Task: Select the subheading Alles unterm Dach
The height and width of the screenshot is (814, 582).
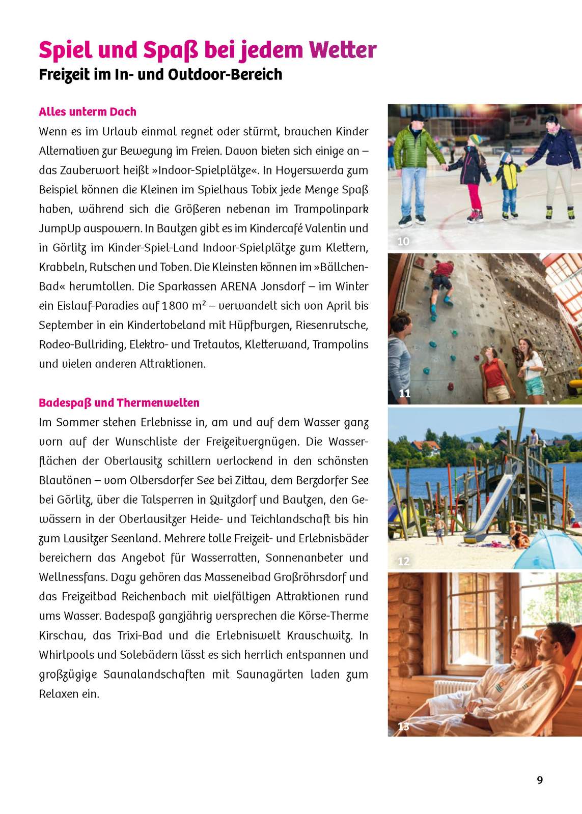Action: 88,112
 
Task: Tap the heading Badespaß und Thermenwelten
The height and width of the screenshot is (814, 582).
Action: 119,403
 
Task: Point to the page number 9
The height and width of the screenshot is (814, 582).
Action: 540,780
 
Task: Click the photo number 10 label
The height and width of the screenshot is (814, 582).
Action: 403,242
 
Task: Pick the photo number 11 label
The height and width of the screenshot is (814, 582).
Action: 404,393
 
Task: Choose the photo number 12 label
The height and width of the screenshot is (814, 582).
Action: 403,561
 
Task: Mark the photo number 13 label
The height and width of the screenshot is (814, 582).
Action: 403,726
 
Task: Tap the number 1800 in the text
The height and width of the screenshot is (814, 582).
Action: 176,306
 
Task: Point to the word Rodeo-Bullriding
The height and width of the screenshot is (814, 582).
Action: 81,345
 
